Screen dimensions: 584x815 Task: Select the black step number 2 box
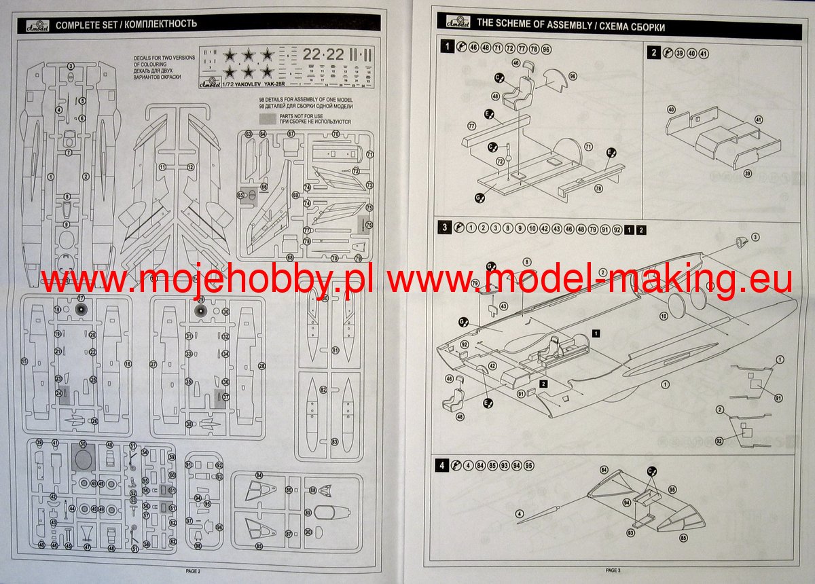[653, 53]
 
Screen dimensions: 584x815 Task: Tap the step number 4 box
[442, 466]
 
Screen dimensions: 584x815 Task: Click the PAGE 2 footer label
[194, 571]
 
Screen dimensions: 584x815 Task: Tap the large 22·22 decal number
[323, 54]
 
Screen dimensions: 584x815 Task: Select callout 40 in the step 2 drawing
[671, 109]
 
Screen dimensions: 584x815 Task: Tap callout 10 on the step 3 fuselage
[664, 315]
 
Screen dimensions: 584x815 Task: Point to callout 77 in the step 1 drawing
[471, 126]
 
